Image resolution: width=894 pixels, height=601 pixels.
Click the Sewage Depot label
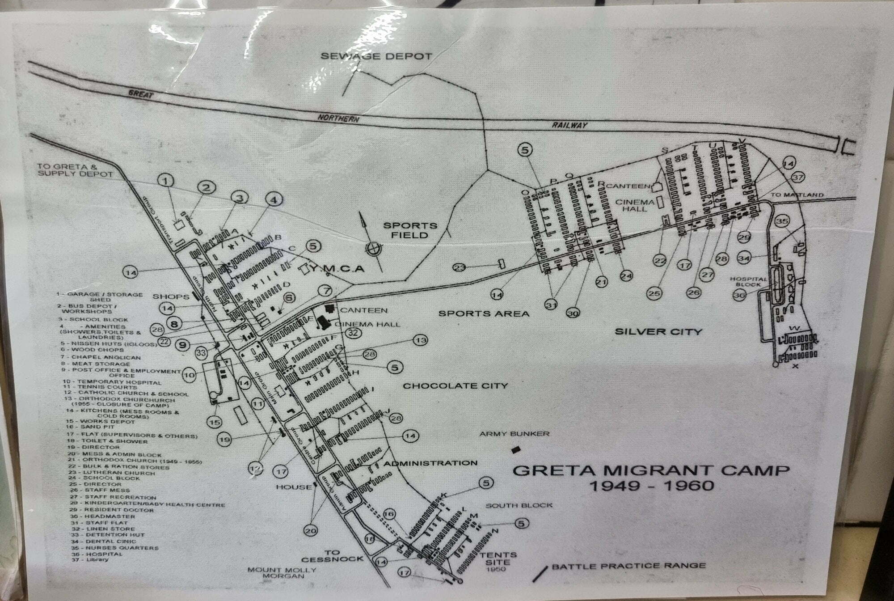pyautogui.click(x=376, y=56)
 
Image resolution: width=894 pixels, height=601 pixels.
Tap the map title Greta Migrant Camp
pyautogui.click(x=650, y=470)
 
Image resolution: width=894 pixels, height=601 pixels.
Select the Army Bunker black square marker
pyautogui.click(x=516, y=449)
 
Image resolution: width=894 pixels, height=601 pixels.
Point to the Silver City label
pyautogui.click(x=658, y=332)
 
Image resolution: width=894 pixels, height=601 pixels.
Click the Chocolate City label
pyautogui.click(x=455, y=385)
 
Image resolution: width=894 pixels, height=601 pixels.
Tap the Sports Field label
pyautogui.click(x=410, y=230)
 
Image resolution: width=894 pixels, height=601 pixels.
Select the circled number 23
pyautogui.click(x=460, y=268)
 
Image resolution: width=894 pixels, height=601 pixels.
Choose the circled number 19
pyautogui.click(x=225, y=440)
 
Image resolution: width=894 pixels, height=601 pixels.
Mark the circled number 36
pyautogui.click(x=740, y=295)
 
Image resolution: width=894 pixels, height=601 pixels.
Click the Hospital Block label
pyautogui.click(x=748, y=281)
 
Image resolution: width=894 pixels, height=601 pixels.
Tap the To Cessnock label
pyautogui.click(x=332, y=556)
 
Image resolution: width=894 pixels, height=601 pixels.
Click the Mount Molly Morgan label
pyautogui.click(x=282, y=573)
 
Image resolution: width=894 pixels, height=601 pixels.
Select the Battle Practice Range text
pyautogui.click(x=628, y=566)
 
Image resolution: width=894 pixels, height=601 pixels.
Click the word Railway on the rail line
pyautogui.click(x=569, y=125)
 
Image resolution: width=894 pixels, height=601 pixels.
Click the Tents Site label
pyautogui.click(x=498, y=559)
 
